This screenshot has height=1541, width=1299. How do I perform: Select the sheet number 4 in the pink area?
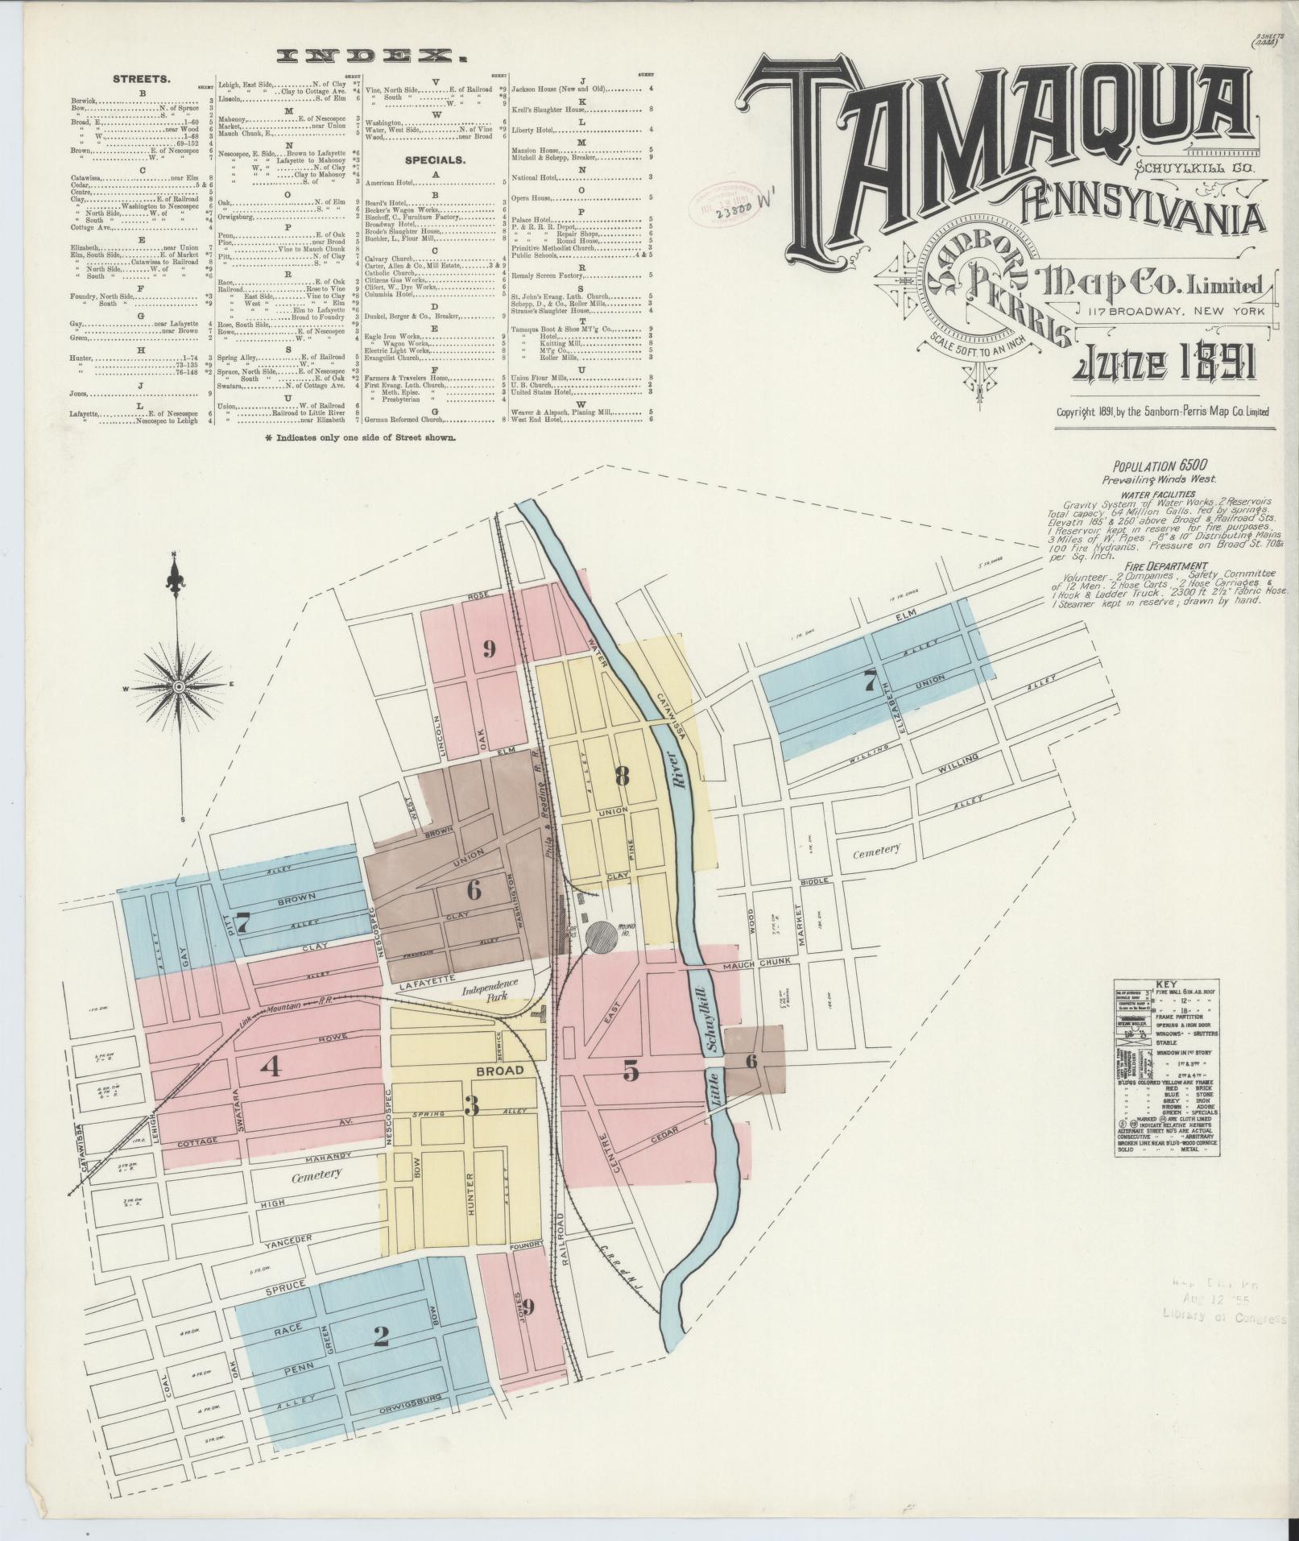tap(271, 1067)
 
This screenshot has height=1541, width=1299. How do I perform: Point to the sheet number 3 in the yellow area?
tap(472, 1107)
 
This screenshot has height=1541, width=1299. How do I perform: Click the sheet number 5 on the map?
tap(631, 1071)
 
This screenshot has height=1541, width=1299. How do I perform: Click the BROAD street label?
tap(499, 1071)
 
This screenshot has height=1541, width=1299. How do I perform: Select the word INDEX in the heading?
tap(373, 56)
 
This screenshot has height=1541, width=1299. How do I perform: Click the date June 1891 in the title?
tap(1163, 367)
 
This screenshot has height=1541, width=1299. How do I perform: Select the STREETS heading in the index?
tap(141, 80)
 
